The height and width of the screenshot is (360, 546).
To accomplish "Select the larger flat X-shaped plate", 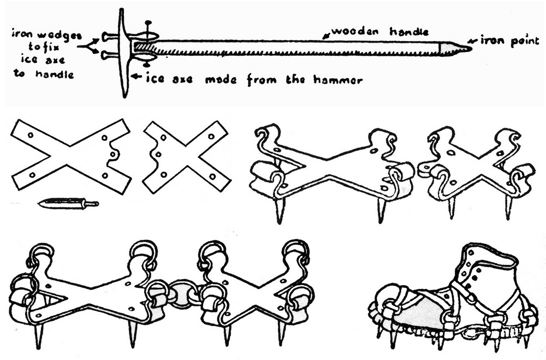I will click(71, 155).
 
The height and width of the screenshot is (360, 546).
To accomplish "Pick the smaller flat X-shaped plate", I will click(186, 157).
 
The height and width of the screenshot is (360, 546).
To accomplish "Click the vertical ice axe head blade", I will click(123, 52).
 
